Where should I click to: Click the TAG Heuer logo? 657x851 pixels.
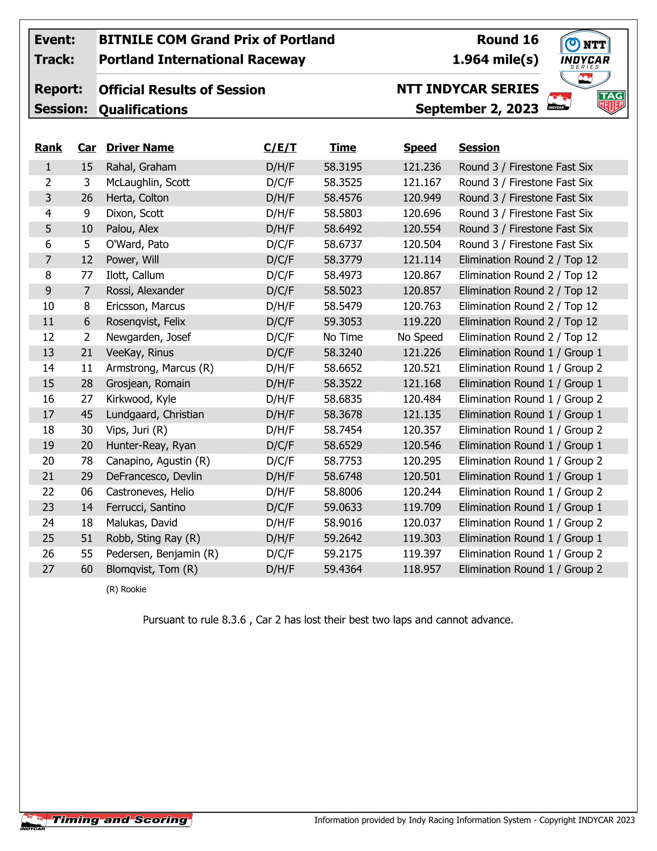click(x=611, y=102)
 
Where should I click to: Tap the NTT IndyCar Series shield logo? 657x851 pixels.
click(x=585, y=59)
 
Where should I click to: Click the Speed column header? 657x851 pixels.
click(x=420, y=148)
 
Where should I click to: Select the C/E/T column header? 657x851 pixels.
click(x=280, y=148)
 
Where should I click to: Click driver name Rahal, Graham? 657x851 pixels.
click(x=141, y=167)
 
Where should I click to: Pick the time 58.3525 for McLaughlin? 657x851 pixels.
click(x=343, y=183)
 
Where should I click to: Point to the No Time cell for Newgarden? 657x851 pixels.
click(x=343, y=337)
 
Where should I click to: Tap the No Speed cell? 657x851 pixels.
click(x=420, y=337)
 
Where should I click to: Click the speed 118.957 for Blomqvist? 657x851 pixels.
click(x=422, y=570)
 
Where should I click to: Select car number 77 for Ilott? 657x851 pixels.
click(x=87, y=275)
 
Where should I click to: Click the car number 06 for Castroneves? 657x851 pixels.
click(x=87, y=492)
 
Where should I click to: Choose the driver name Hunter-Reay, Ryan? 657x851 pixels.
click(x=151, y=446)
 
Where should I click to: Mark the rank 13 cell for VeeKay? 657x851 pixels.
click(x=48, y=353)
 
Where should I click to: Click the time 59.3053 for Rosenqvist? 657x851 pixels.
click(x=343, y=322)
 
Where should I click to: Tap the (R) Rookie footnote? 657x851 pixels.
click(x=126, y=590)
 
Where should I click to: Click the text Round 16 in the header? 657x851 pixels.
click(x=507, y=40)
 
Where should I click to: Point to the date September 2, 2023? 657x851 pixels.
click(x=477, y=109)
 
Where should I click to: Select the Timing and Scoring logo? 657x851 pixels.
click(x=106, y=820)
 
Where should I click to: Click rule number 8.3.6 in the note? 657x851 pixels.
click(x=233, y=620)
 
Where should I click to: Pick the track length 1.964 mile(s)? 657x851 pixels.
click(x=495, y=60)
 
